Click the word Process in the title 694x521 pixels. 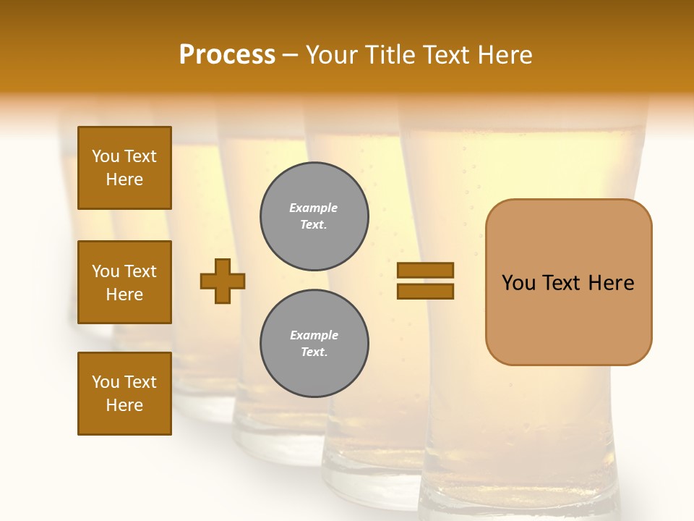[227, 55]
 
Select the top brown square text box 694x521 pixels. [124, 168]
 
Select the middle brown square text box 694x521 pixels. [124, 282]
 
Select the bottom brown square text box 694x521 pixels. [124, 393]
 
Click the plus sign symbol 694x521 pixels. [223, 281]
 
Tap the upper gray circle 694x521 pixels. [314, 216]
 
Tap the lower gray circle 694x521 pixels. [314, 343]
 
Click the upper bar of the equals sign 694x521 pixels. [425, 270]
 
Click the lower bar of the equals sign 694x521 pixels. [425, 291]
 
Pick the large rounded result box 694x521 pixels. [568, 282]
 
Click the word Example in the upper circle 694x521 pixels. [314, 208]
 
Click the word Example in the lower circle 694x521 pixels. [314, 335]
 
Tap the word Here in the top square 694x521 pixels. [124, 179]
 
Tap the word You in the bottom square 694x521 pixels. [106, 382]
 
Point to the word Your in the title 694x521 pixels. [331, 55]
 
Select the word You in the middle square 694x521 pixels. [106, 271]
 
